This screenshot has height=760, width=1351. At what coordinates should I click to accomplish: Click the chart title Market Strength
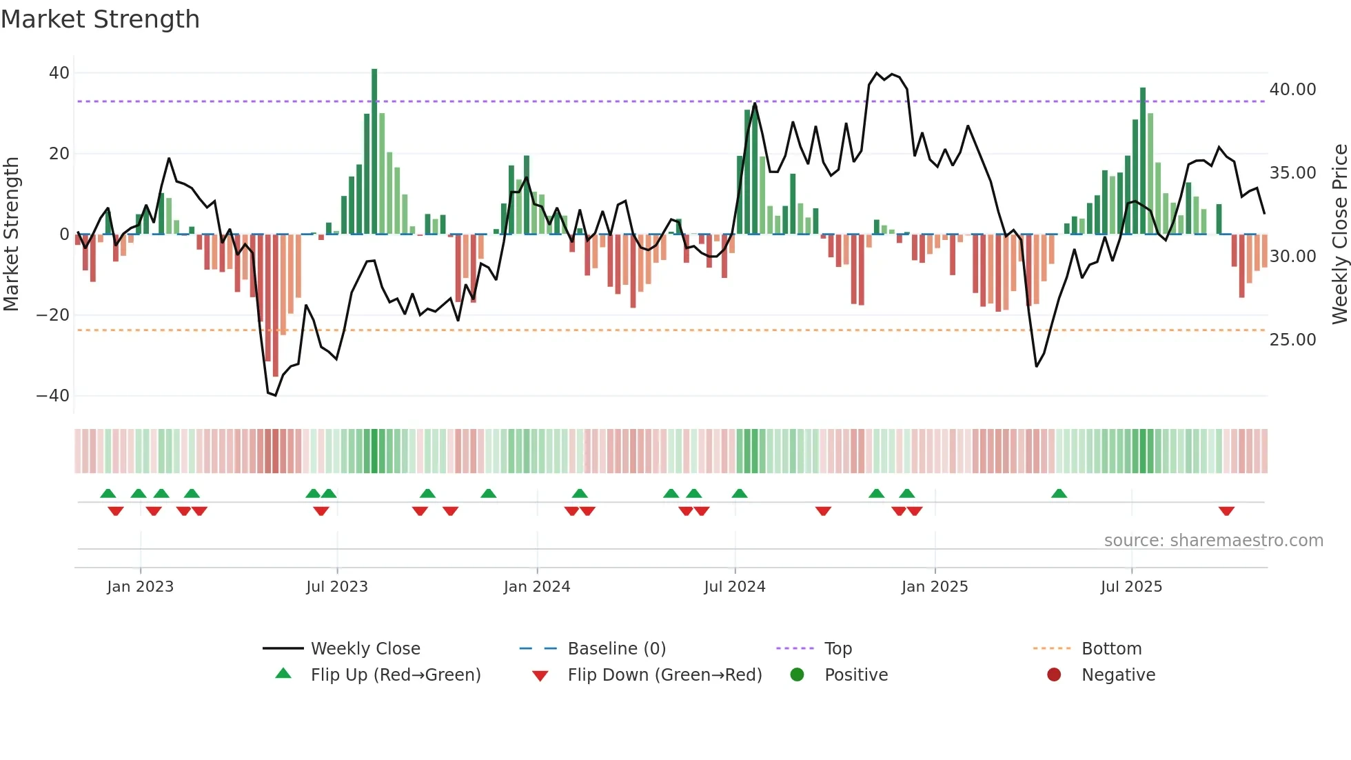pyautogui.click(x=101, y=19)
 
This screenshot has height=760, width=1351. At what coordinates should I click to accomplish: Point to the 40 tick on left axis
pyautogui.click(x=59, y=73)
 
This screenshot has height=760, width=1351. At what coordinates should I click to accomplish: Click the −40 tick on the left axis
pyautogui.click(x=53, y=396)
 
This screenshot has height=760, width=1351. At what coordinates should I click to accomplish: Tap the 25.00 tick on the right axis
pyautogui.click(x=1292, y=340)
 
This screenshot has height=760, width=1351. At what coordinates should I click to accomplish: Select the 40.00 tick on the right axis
pyautogui.click(x=1292, y=90)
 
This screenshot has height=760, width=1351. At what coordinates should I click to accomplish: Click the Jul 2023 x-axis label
pyautogui.click(x=337, y=587)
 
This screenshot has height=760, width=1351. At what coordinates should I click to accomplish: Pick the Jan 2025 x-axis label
pyautogui.click(x=934, y=587)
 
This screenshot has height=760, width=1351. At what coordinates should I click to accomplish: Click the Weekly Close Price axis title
pyautogui.click(x=1339, y=234)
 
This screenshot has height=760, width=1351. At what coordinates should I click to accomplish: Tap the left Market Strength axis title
pyautogui.click(x=11, y=234)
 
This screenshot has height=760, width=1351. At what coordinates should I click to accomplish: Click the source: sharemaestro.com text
pyautogui.click(x=1213, y=541)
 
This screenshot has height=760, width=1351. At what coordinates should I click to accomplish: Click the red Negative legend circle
pyautogui.click(x=1054, y=675)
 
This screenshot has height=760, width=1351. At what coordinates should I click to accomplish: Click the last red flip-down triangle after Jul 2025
pyautogui.click(x=1226, y=511)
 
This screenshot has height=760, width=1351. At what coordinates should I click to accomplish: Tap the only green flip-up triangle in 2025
pyautogui.click(x=1059, y=493)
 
